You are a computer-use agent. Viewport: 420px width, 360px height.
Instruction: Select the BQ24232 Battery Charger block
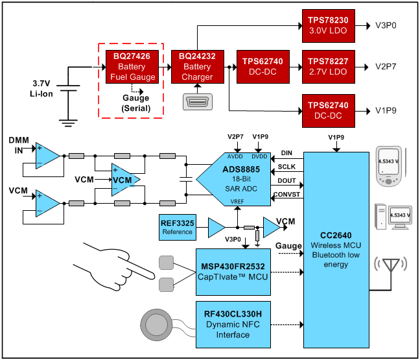(x=197, y=67)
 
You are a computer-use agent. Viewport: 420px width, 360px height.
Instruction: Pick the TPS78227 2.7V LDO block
(x=328, y=67)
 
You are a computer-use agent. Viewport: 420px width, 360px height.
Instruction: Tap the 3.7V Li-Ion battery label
(x=44, y=89)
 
